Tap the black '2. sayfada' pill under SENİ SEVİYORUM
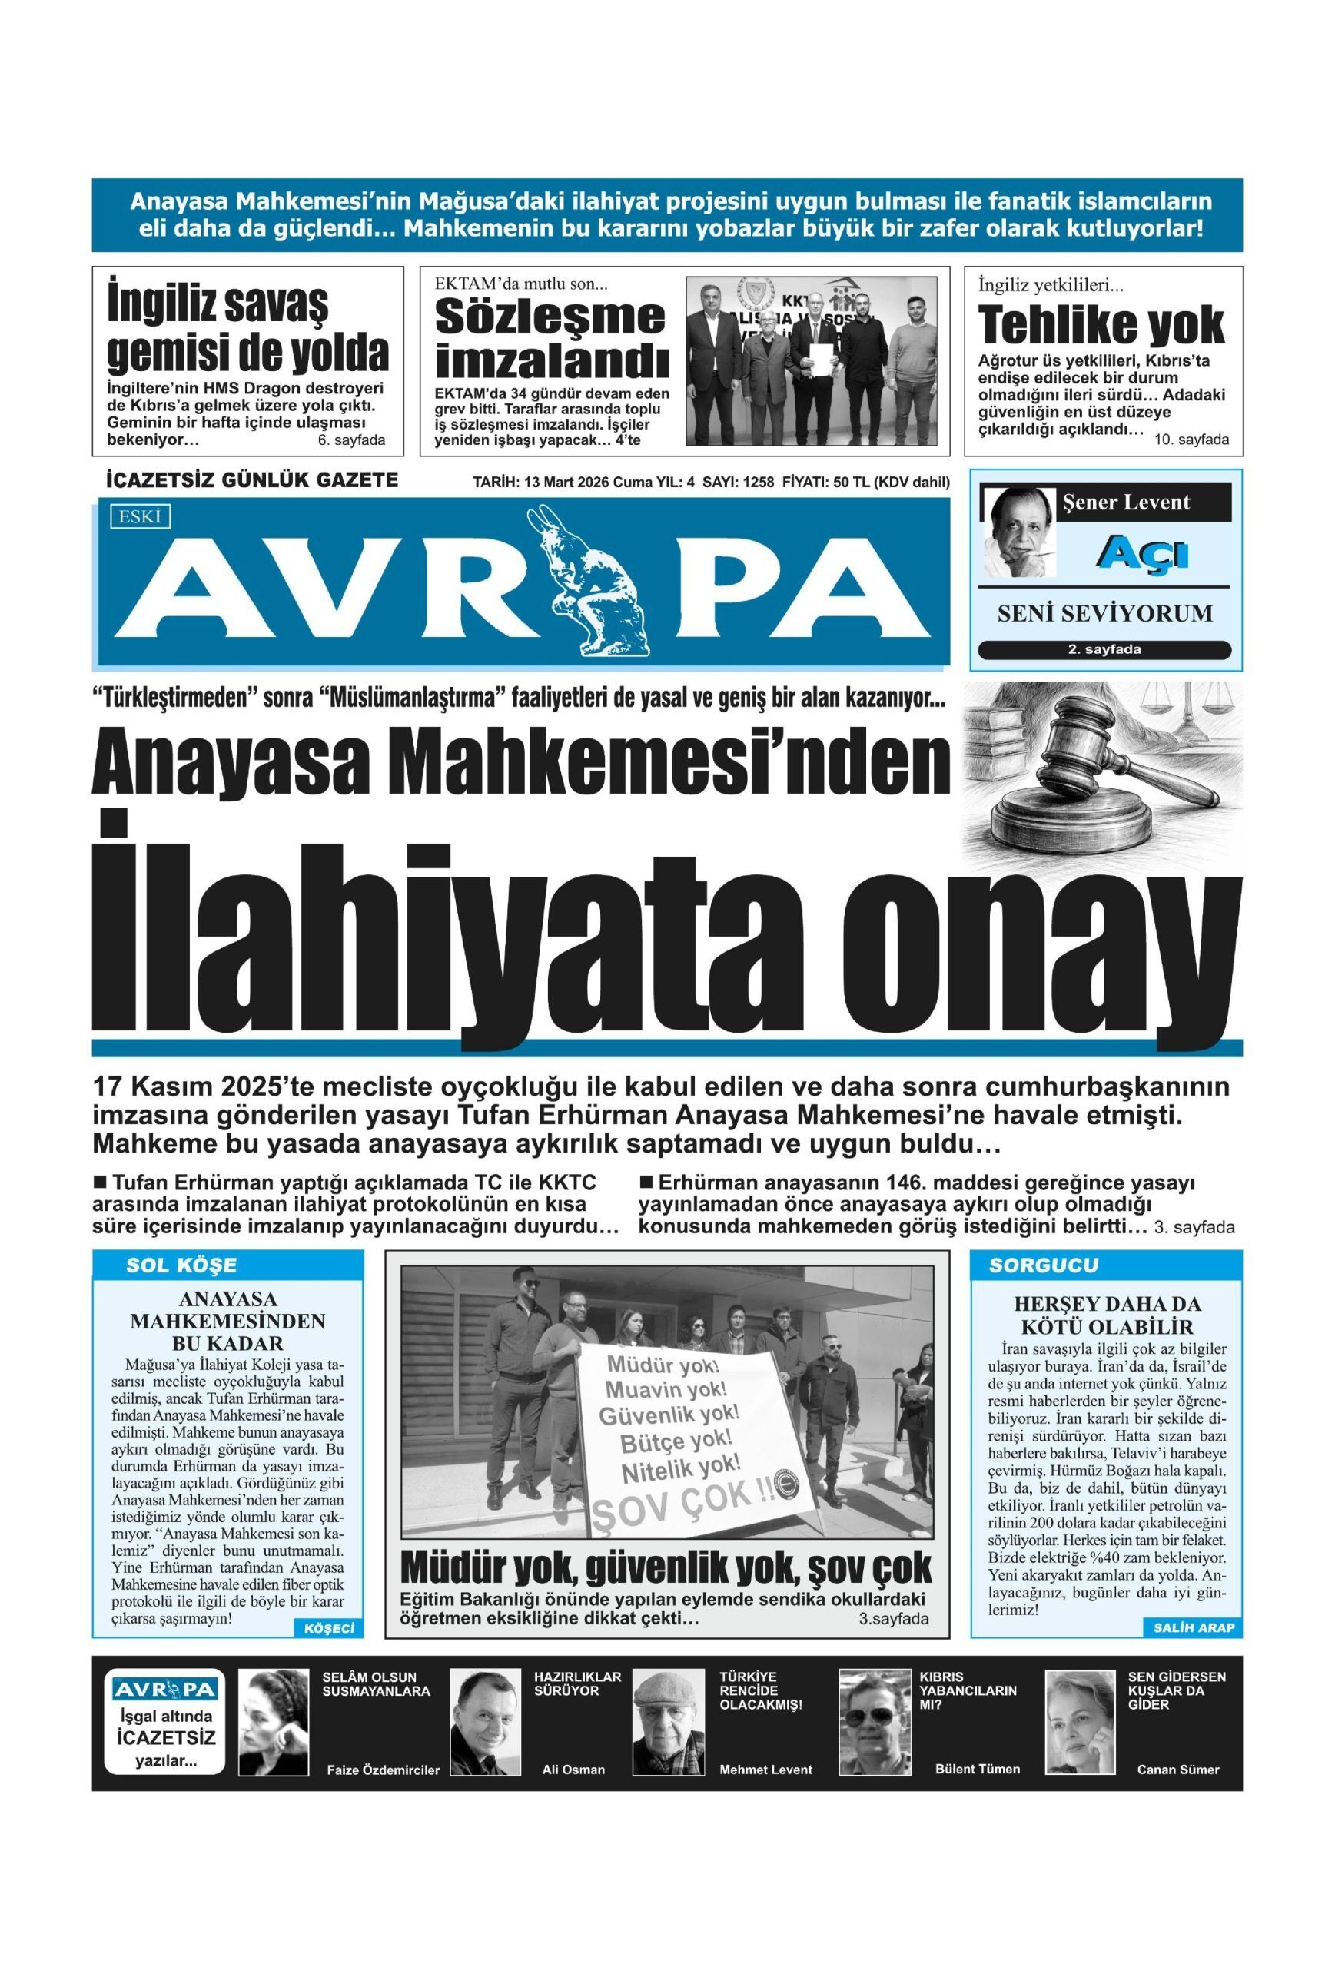1104,650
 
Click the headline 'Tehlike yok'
1101,323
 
